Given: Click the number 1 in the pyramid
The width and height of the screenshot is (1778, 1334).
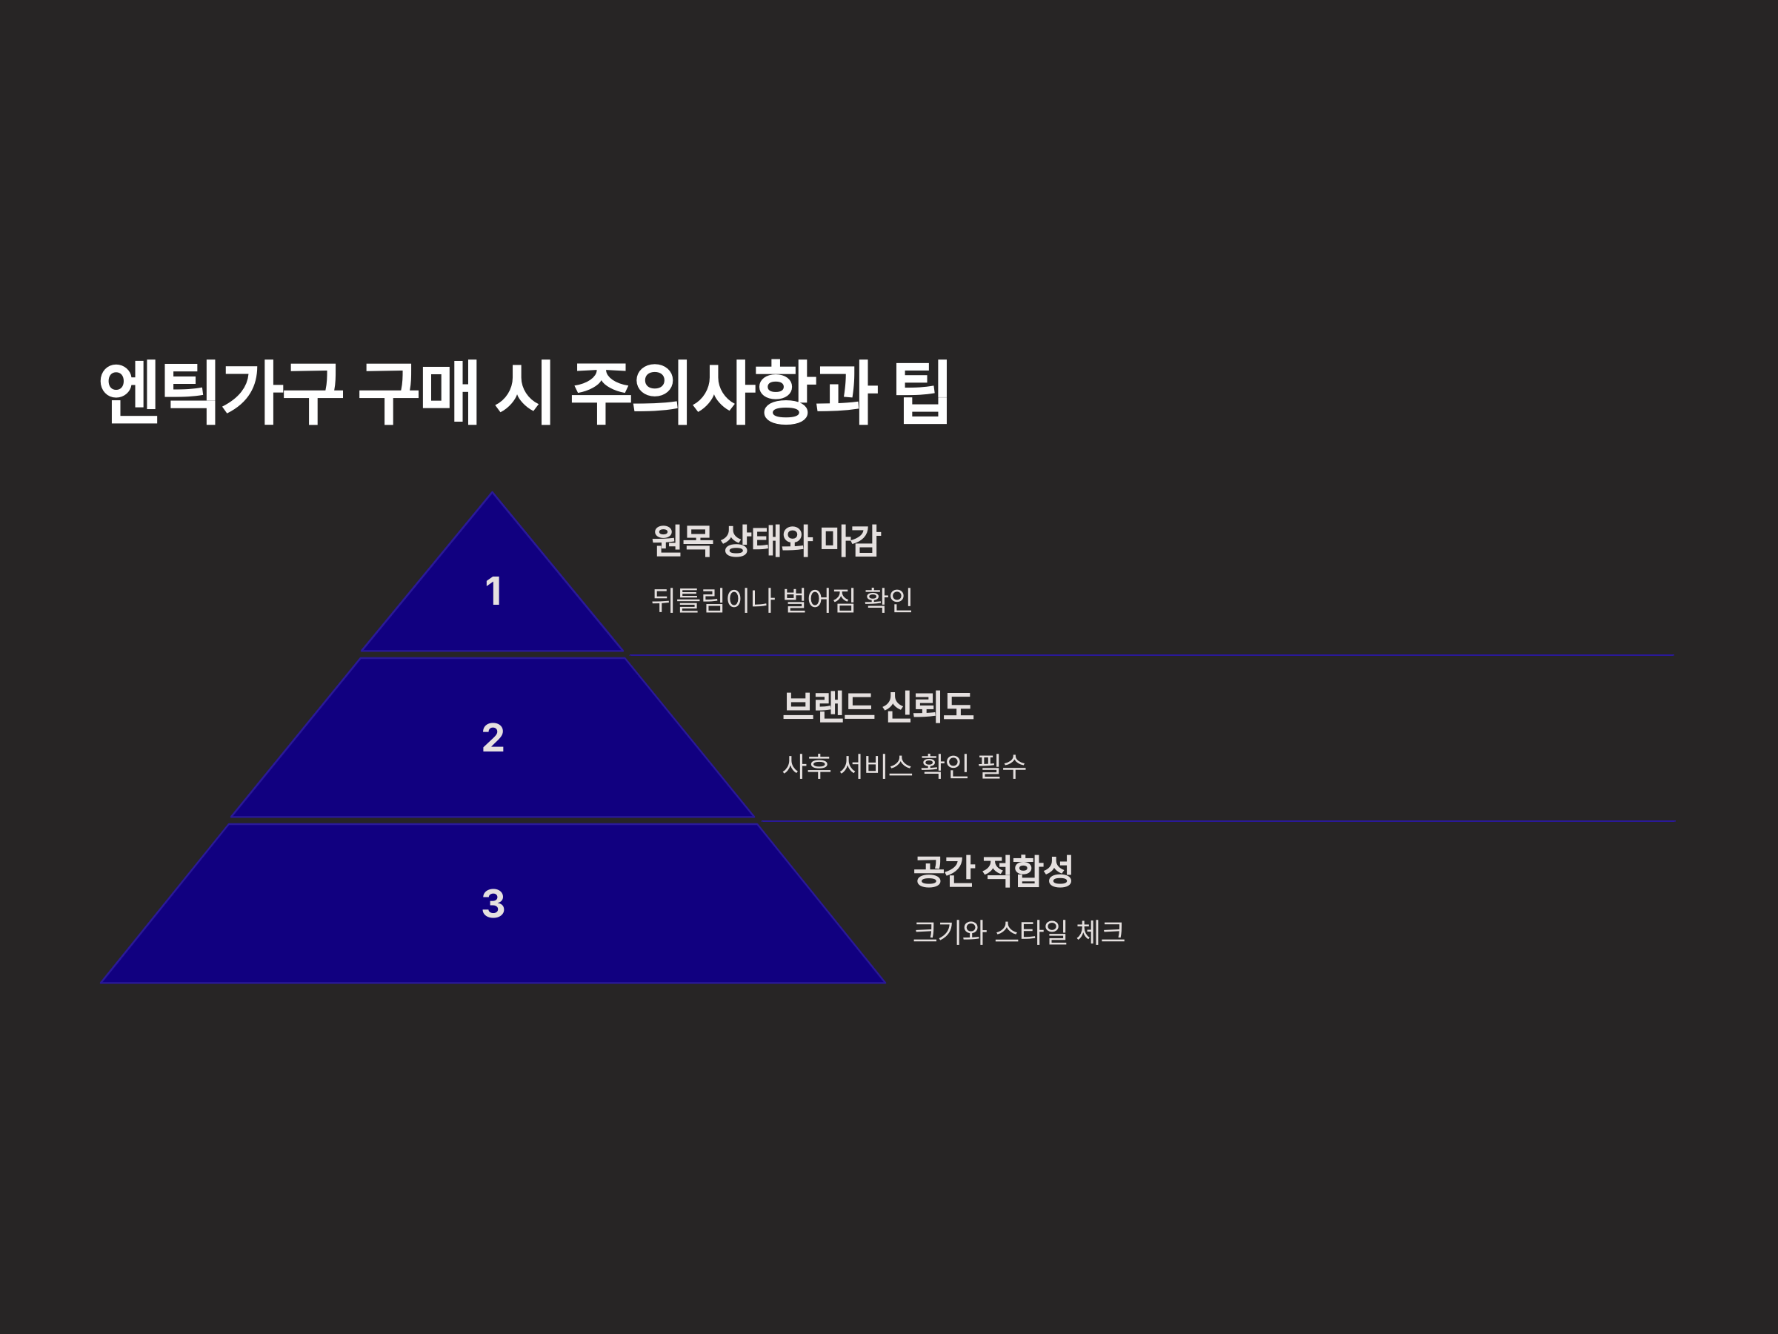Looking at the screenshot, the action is point(493,592).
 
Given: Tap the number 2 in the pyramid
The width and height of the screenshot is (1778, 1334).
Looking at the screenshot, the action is point(493,737).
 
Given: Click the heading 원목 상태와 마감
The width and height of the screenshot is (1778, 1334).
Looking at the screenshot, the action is point(765,540).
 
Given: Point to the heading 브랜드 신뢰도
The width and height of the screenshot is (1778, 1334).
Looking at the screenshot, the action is point(877,706).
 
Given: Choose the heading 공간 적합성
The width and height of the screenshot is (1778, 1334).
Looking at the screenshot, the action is point(993,871).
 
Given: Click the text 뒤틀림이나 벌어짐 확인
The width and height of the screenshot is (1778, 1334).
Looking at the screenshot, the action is point(782,600).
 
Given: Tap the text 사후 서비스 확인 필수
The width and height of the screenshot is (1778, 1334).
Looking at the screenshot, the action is point(904,766).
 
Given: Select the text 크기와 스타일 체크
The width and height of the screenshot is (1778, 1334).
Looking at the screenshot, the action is point(1018,932).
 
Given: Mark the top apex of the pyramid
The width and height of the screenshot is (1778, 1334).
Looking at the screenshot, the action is point(493,494).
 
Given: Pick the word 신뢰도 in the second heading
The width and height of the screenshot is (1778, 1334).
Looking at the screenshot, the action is point(928,706).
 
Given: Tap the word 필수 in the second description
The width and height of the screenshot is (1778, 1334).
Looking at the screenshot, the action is point(1002,766).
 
